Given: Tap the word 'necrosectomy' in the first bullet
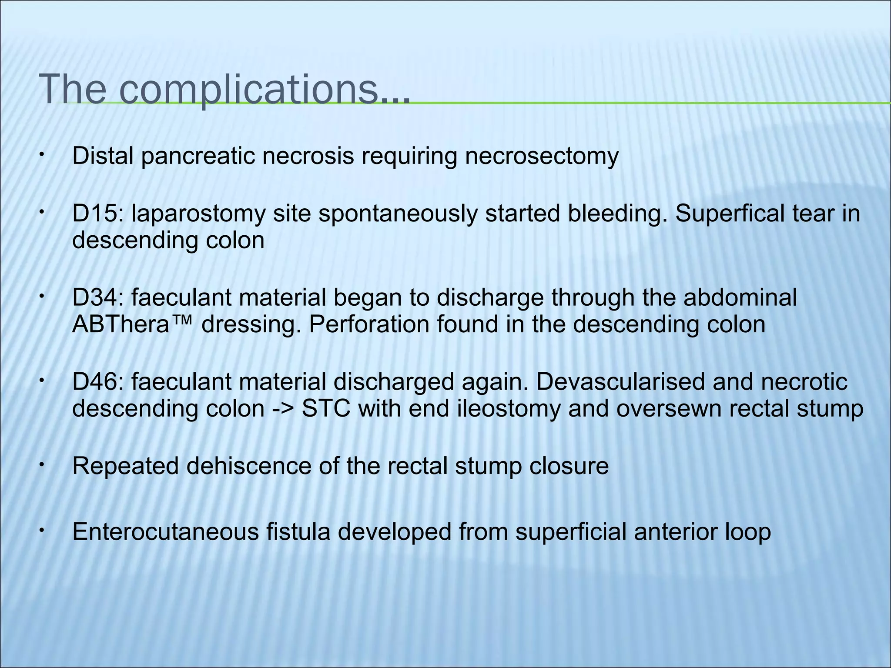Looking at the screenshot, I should (x=541, y=156).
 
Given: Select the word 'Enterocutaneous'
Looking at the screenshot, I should (x=166, y=531).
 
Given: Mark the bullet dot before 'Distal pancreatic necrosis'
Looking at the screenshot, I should (x=40, y=154).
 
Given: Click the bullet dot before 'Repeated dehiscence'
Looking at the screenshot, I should (x=40, y=464).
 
